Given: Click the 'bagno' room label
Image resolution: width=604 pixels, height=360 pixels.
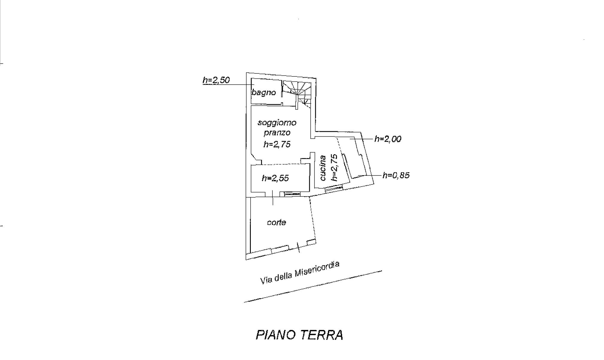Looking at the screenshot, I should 264,93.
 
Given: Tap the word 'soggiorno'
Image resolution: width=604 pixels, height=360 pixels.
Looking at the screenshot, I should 277,122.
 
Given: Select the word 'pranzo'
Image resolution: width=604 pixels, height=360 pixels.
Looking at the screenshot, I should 277,133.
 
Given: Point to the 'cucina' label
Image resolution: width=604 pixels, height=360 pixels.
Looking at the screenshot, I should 323,168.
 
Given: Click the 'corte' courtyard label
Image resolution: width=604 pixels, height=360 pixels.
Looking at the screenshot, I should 277,223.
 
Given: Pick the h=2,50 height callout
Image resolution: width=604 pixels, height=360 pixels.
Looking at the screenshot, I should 216,80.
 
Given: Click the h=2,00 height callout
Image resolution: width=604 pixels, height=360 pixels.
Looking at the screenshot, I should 388,139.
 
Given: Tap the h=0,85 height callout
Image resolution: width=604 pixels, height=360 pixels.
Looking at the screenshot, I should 396,175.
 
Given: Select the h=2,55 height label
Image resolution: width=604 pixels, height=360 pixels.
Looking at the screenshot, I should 275,178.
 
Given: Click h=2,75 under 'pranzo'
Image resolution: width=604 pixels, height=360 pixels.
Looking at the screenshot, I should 277,144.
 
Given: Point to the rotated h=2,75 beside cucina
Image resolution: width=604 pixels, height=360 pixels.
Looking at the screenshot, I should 334,167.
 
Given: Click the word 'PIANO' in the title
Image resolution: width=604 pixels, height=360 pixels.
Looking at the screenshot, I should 275,335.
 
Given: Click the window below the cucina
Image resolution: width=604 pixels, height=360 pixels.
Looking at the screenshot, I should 334,188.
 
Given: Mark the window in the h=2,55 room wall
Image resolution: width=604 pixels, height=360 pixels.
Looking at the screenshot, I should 292,194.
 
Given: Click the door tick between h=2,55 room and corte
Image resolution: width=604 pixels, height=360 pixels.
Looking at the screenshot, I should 273,198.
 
